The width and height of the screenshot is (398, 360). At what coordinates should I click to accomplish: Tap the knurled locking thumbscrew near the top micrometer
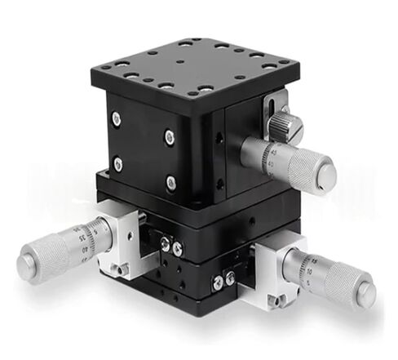tap(284, 124)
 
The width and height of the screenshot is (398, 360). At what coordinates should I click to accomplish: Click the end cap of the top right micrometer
tap(326, 173)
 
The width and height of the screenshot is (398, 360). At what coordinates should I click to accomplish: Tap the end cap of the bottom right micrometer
tap(364, 291)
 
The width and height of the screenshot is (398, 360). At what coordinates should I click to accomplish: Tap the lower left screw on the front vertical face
tap(118, 164)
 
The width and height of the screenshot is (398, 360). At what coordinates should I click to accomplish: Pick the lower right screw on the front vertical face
tap(171, 182)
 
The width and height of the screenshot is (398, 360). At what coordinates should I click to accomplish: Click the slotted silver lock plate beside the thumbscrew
tap(268, 111)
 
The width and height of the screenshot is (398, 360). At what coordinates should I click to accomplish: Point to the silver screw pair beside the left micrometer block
tap(169, 244)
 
